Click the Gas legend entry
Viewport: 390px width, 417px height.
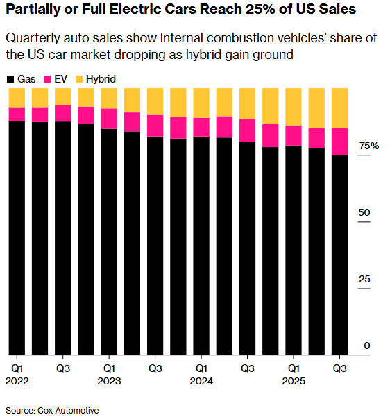[x=21, y=80]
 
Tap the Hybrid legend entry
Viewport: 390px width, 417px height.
[x=96, y=80]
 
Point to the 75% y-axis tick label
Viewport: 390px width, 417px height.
[x=368, y=146]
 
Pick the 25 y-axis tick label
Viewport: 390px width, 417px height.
[x=366, y=280]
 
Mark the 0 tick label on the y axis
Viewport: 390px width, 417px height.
[x=368, y=346]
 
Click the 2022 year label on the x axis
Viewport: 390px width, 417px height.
[x=19, y=380]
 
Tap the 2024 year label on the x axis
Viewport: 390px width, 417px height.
[x=202, y=380]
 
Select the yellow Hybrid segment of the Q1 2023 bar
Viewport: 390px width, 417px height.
[x=109, y=98]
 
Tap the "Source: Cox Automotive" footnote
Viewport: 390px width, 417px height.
[x=53, y=410]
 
